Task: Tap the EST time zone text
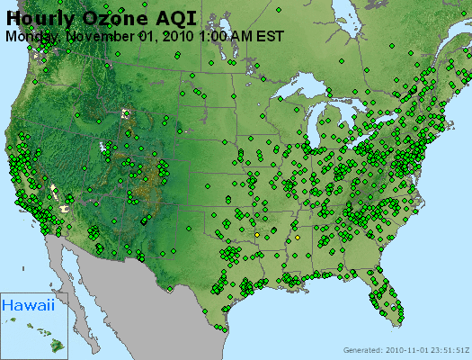pyautogui.click(x=271, y=36)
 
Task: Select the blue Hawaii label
pyautogui.click(x=27, y=305)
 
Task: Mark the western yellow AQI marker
pyautogui.click(x=257, y=234)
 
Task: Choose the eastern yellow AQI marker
pyautogui.click(x=297, y=238)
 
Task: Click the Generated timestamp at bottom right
pyautogui.click(x=405, y=350)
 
